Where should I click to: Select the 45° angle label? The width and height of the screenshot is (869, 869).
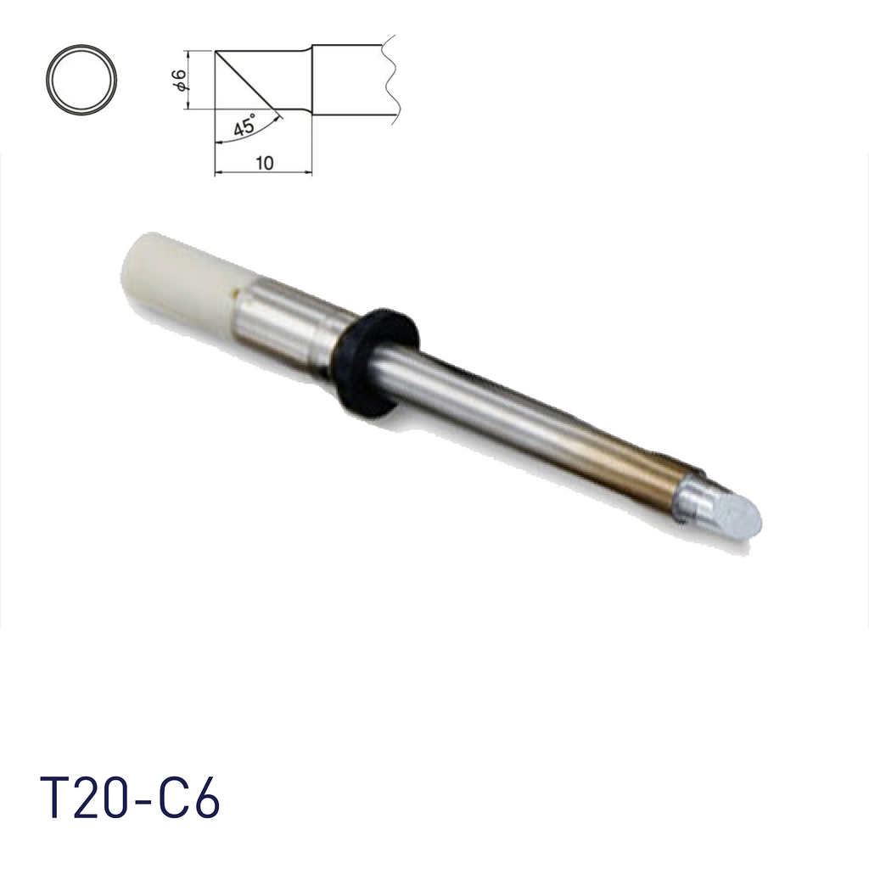pyautogui.click(x=243, y=127)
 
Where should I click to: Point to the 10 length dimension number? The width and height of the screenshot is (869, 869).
pyautogui.click(x=264, y=164)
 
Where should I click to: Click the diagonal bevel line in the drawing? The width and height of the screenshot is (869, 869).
pyautogui.click(x=246, y=81)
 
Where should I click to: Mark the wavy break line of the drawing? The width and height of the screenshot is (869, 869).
pyautogui.click(x=390, y=81)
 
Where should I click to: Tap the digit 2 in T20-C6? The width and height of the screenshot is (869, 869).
pyautogui.click(x=92, y=798)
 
